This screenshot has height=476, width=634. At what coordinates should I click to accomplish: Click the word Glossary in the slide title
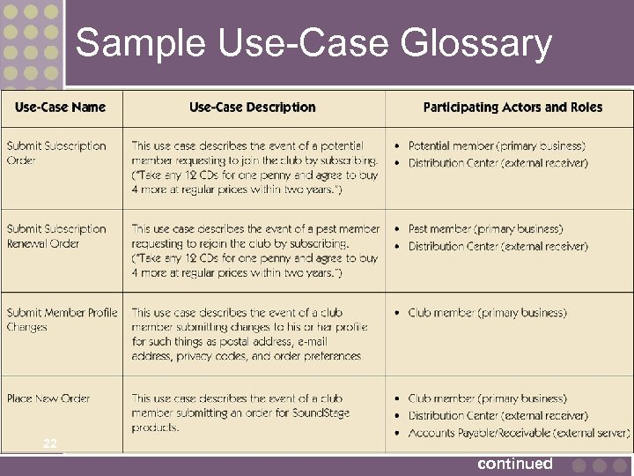click(x=475, y=42)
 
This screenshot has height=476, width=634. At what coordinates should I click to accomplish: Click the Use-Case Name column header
click(x=60, y=108)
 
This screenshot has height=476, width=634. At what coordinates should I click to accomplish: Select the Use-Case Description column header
click(x=252, y=108)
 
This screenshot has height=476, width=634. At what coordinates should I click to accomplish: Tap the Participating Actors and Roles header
click(x=512, y=108)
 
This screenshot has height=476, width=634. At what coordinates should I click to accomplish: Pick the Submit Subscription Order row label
click(x=56, y=153)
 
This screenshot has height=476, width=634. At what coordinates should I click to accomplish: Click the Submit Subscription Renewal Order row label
click(x=56, y=236)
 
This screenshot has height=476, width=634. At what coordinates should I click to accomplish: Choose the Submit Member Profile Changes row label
click(x=62, y=319)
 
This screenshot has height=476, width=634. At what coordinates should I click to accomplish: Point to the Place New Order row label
click(x=48, y=398)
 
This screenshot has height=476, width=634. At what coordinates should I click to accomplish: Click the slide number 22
click(x=49, y=443)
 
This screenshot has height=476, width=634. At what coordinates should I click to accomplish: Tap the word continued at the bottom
click(x=515, y=464)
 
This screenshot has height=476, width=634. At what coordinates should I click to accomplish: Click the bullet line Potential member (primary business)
click(x=497, y=146)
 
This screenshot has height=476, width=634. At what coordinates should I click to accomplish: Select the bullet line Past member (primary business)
click(x=485, y=229)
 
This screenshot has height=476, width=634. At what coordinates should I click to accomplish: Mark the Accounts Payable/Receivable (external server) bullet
click(x=519, y=432)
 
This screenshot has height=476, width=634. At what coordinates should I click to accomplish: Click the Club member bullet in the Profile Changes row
click(x=487, y=313)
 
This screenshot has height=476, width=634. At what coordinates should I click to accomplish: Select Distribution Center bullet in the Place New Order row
click(x=498, y=415)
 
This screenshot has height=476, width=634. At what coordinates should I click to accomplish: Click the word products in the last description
click(x=156, y=428)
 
